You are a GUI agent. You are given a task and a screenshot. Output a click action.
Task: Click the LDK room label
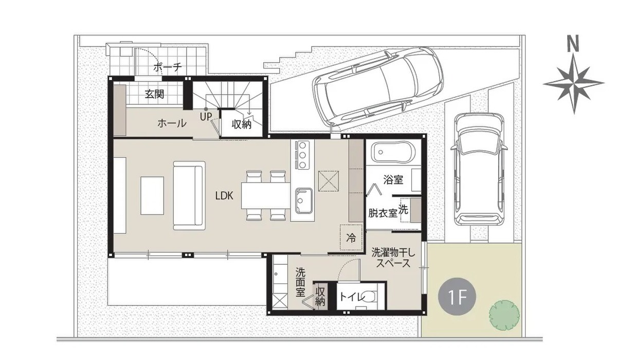pyautogui.click(x=224, y=195)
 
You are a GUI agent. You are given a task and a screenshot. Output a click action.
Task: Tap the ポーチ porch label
pyautogui.click(x=168, y=67)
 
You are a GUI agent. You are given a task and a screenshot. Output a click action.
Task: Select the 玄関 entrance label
pyautogui.click(x=155, y=94)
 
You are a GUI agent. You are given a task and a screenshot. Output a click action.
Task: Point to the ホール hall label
pyautogui.click(x=172, y=123)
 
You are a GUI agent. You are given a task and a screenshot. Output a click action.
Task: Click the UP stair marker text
pyautogui.click(x=206, y=117)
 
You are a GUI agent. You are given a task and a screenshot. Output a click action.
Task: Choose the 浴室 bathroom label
pyautogui.click(x=393, y=180)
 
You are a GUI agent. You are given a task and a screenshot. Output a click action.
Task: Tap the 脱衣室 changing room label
pyautogui.click(x=383, y=213)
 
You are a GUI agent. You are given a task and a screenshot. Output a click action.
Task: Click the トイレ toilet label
pyautogui.click(x=353, y=297)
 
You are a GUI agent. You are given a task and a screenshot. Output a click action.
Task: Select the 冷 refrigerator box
pyautogui.click(x=351, y=238)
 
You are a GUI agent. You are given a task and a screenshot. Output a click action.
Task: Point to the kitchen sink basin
pyautogui.click(x=304, y=201)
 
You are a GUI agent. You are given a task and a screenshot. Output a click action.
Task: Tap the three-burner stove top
pyautogui.click(x=302, y=155)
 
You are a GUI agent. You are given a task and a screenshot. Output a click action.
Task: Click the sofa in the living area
pyautogui.click(x=189, y=195)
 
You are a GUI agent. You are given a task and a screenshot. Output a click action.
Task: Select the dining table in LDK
pyautogui.click(x=266, y=196)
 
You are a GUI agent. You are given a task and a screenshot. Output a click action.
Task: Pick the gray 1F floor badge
pyautogui.click(x=457, y=296)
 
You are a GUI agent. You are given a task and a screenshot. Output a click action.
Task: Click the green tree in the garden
pyautogui.click(x=504, y=315)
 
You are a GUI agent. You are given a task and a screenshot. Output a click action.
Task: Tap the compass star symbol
pyautogui.click(x=574, y=83)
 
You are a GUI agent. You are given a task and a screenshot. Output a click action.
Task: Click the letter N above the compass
pyautogui.click(x=573, y=45)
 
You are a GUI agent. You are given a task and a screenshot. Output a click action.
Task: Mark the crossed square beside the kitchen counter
pyautogui.click(x=329, y=181)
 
